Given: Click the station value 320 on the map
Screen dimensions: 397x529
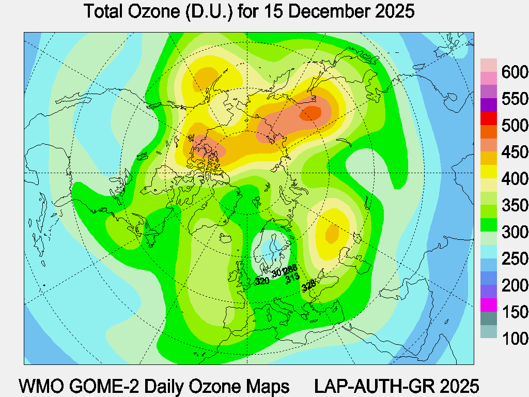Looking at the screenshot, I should [x=262, y=281].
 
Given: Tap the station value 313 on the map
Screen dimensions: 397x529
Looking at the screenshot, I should [x=293, y=277].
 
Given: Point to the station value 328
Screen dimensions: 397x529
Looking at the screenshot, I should [x=308, y=284].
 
